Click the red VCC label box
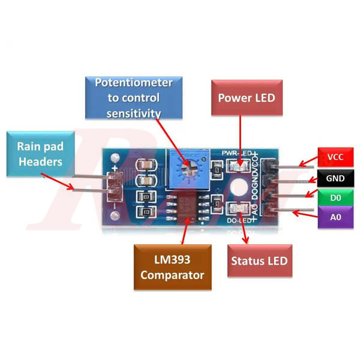click(335, 158)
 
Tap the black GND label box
click(335, 178)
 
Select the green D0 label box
click(335, 197)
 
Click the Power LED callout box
click(246, 98)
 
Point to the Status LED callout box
click(259, 261)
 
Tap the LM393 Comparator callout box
click(174, 267)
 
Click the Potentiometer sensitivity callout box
click(134, 97)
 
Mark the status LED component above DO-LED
click(237, 208)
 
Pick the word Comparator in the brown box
click(174, 275)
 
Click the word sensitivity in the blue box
click(134, 112)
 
